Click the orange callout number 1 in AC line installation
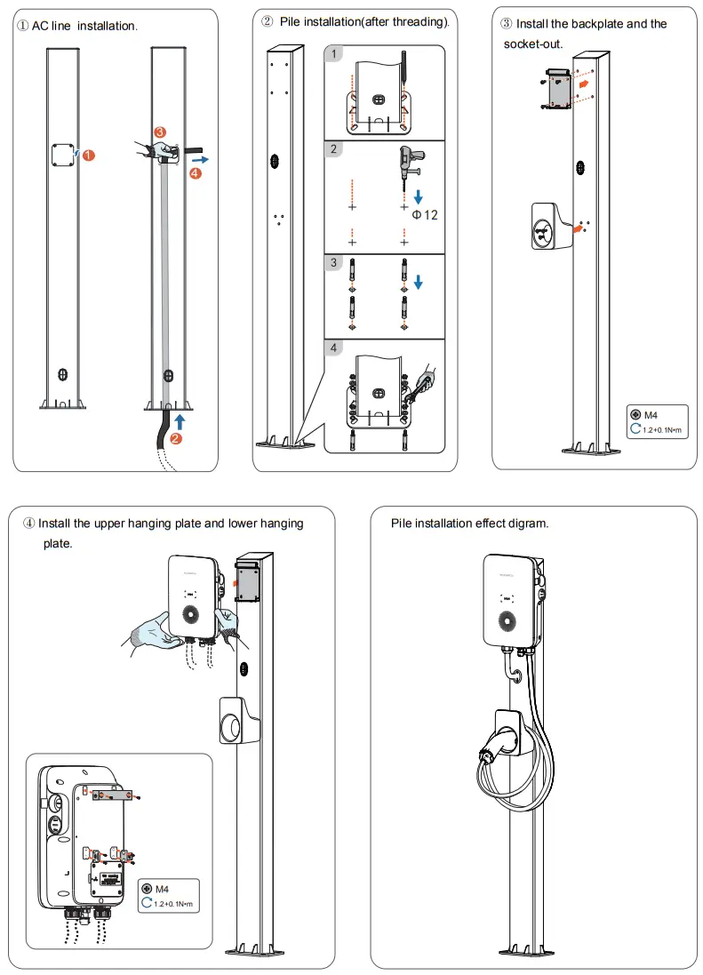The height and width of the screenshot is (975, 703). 89,156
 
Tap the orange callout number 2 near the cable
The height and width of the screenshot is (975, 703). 178,438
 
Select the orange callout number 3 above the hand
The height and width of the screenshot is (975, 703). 159,132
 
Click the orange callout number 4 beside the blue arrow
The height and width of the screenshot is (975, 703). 196,175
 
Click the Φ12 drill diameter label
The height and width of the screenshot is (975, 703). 425,215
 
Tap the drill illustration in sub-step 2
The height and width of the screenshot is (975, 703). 411,163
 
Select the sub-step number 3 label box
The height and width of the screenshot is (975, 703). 334,263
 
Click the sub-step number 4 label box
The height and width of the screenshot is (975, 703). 334,348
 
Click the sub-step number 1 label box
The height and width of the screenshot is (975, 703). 334,55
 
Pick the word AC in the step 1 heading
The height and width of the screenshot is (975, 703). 40,27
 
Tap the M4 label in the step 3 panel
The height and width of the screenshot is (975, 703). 650,414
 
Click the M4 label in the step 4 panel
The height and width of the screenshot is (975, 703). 162,889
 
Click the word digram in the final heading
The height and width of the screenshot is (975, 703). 528,523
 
